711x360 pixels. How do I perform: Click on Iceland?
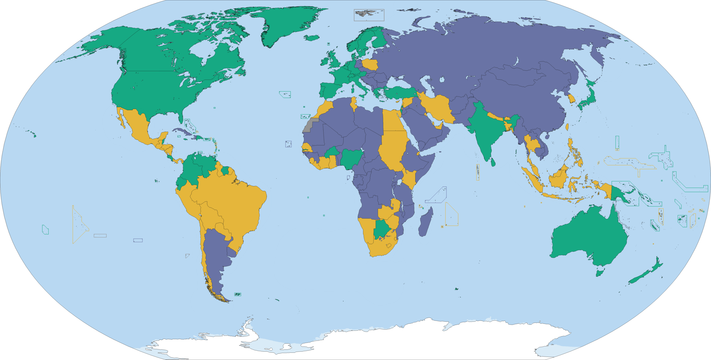click(312, 37)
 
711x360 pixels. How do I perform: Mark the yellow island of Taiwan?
click(567, 127)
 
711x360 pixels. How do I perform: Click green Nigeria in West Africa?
click(351, 158)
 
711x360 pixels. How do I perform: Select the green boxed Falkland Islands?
click(237, 294)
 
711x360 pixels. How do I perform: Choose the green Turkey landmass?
click(400, 93)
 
